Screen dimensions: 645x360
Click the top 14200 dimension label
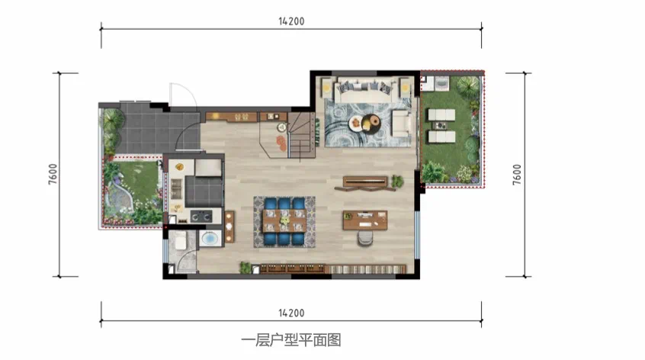291,21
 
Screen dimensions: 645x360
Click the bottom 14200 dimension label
291,313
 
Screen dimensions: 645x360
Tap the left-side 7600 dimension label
53,174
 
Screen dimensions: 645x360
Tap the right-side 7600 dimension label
517,175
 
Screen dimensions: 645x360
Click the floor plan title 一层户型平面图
290,340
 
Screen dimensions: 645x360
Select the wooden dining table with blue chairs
284,221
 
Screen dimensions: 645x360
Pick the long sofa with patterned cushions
364,92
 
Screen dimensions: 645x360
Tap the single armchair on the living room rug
401,123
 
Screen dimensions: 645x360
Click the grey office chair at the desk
365,238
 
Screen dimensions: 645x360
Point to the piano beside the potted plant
365,183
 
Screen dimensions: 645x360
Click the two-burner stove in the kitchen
201,217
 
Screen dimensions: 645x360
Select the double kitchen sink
176,189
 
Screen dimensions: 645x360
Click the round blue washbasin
210,239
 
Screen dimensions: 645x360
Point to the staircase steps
301,135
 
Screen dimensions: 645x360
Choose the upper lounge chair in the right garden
441,115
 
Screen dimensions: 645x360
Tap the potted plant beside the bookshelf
245,268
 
